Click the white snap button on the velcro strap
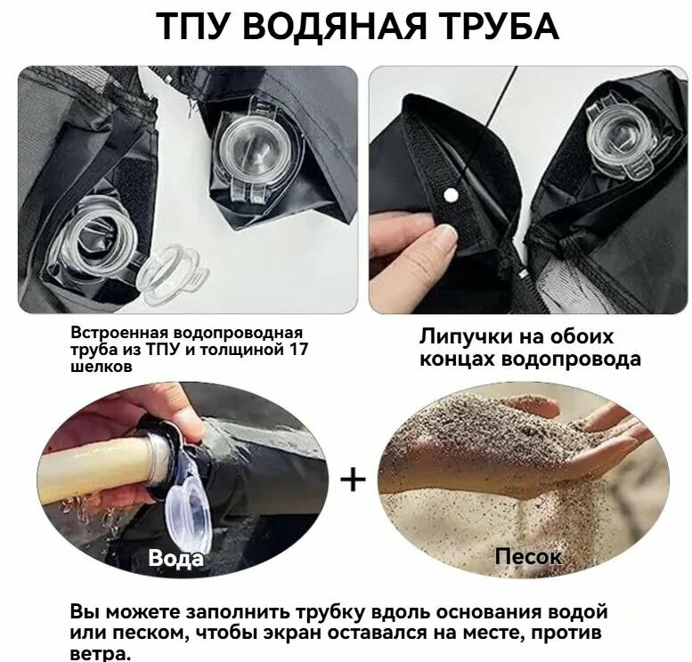450,195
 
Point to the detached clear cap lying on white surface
173,271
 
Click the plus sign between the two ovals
353,480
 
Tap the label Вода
176,558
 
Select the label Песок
528,556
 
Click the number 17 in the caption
297,350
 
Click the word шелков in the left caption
101,367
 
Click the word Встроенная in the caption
118,333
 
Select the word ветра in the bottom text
99,654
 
